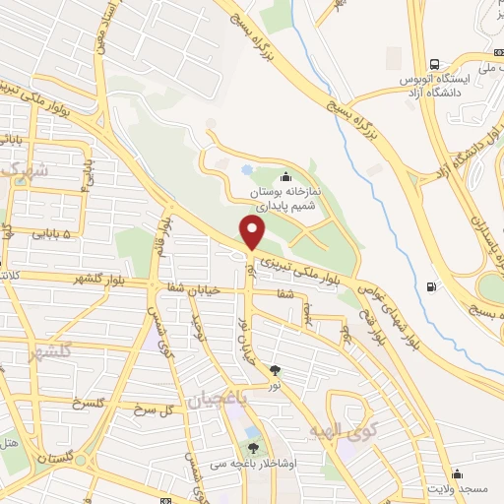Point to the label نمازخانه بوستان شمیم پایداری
pyautogui.click(x=284, y=199)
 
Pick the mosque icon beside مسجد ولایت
pyautogui.click(x=456, y=472)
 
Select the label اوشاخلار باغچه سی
pyautogui.click(x=269, y=467)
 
